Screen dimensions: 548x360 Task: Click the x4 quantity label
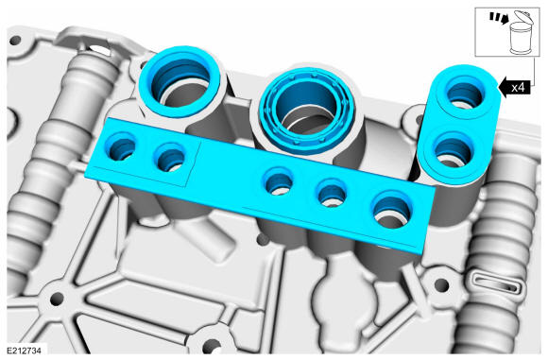(518, 87)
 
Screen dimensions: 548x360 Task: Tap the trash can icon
(520, 33)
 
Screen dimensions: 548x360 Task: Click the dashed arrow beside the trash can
(499, 19)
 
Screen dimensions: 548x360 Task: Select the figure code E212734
(24, 351)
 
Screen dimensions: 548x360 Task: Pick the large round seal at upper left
(180, 81)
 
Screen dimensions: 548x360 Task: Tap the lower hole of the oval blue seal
(454, 151)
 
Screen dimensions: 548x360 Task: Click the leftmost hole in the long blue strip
(122, 148)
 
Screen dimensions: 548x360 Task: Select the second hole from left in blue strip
(171, 158)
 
